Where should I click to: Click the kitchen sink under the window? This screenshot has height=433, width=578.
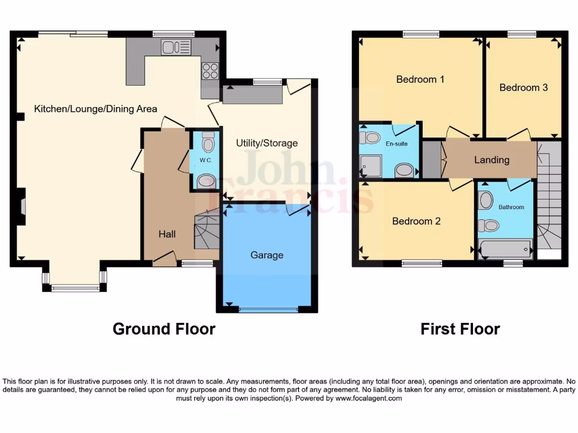pyautogui.click(x=176, y=47)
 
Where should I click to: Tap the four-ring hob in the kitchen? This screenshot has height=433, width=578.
pyautogui.click(x=210, y=70)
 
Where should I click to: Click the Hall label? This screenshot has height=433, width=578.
pyautogui.click(x=167, y=233)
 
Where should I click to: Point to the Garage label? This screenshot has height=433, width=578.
pyautogui.click(x=266, y=255)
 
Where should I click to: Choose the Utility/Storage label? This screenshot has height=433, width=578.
pyautogui.click(x=266, y=143)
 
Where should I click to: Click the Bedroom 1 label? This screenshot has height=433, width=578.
pyautogui.click(x=420, y=79)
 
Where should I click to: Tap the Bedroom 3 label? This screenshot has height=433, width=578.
pyautogui.click(x=523, y=87)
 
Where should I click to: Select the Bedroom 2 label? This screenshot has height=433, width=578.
pyautogui.click(x=416, y=221)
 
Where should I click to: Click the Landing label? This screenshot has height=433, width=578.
pyautogui.click(x=491, y=160)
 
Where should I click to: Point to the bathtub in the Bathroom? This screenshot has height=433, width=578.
pyautogui.click(x=505, y=248)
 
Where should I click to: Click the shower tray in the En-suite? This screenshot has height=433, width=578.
pyautogui.click(x=372, y=166)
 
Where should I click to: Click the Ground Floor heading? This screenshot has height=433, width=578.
pyautogui.click(x=164, y=329)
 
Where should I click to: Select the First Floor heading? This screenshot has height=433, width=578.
pyautogui.click(x=460, y=329)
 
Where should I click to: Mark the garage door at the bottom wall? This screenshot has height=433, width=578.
pyautogui.click(x=268, y=310)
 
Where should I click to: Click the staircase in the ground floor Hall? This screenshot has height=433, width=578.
pyautogui.click(x=207, y=229)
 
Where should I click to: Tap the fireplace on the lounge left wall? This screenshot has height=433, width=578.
pyautogui.click(x=22, y=207)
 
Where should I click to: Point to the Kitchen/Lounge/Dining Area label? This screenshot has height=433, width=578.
pyautogui.click(x=95, y=109)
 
